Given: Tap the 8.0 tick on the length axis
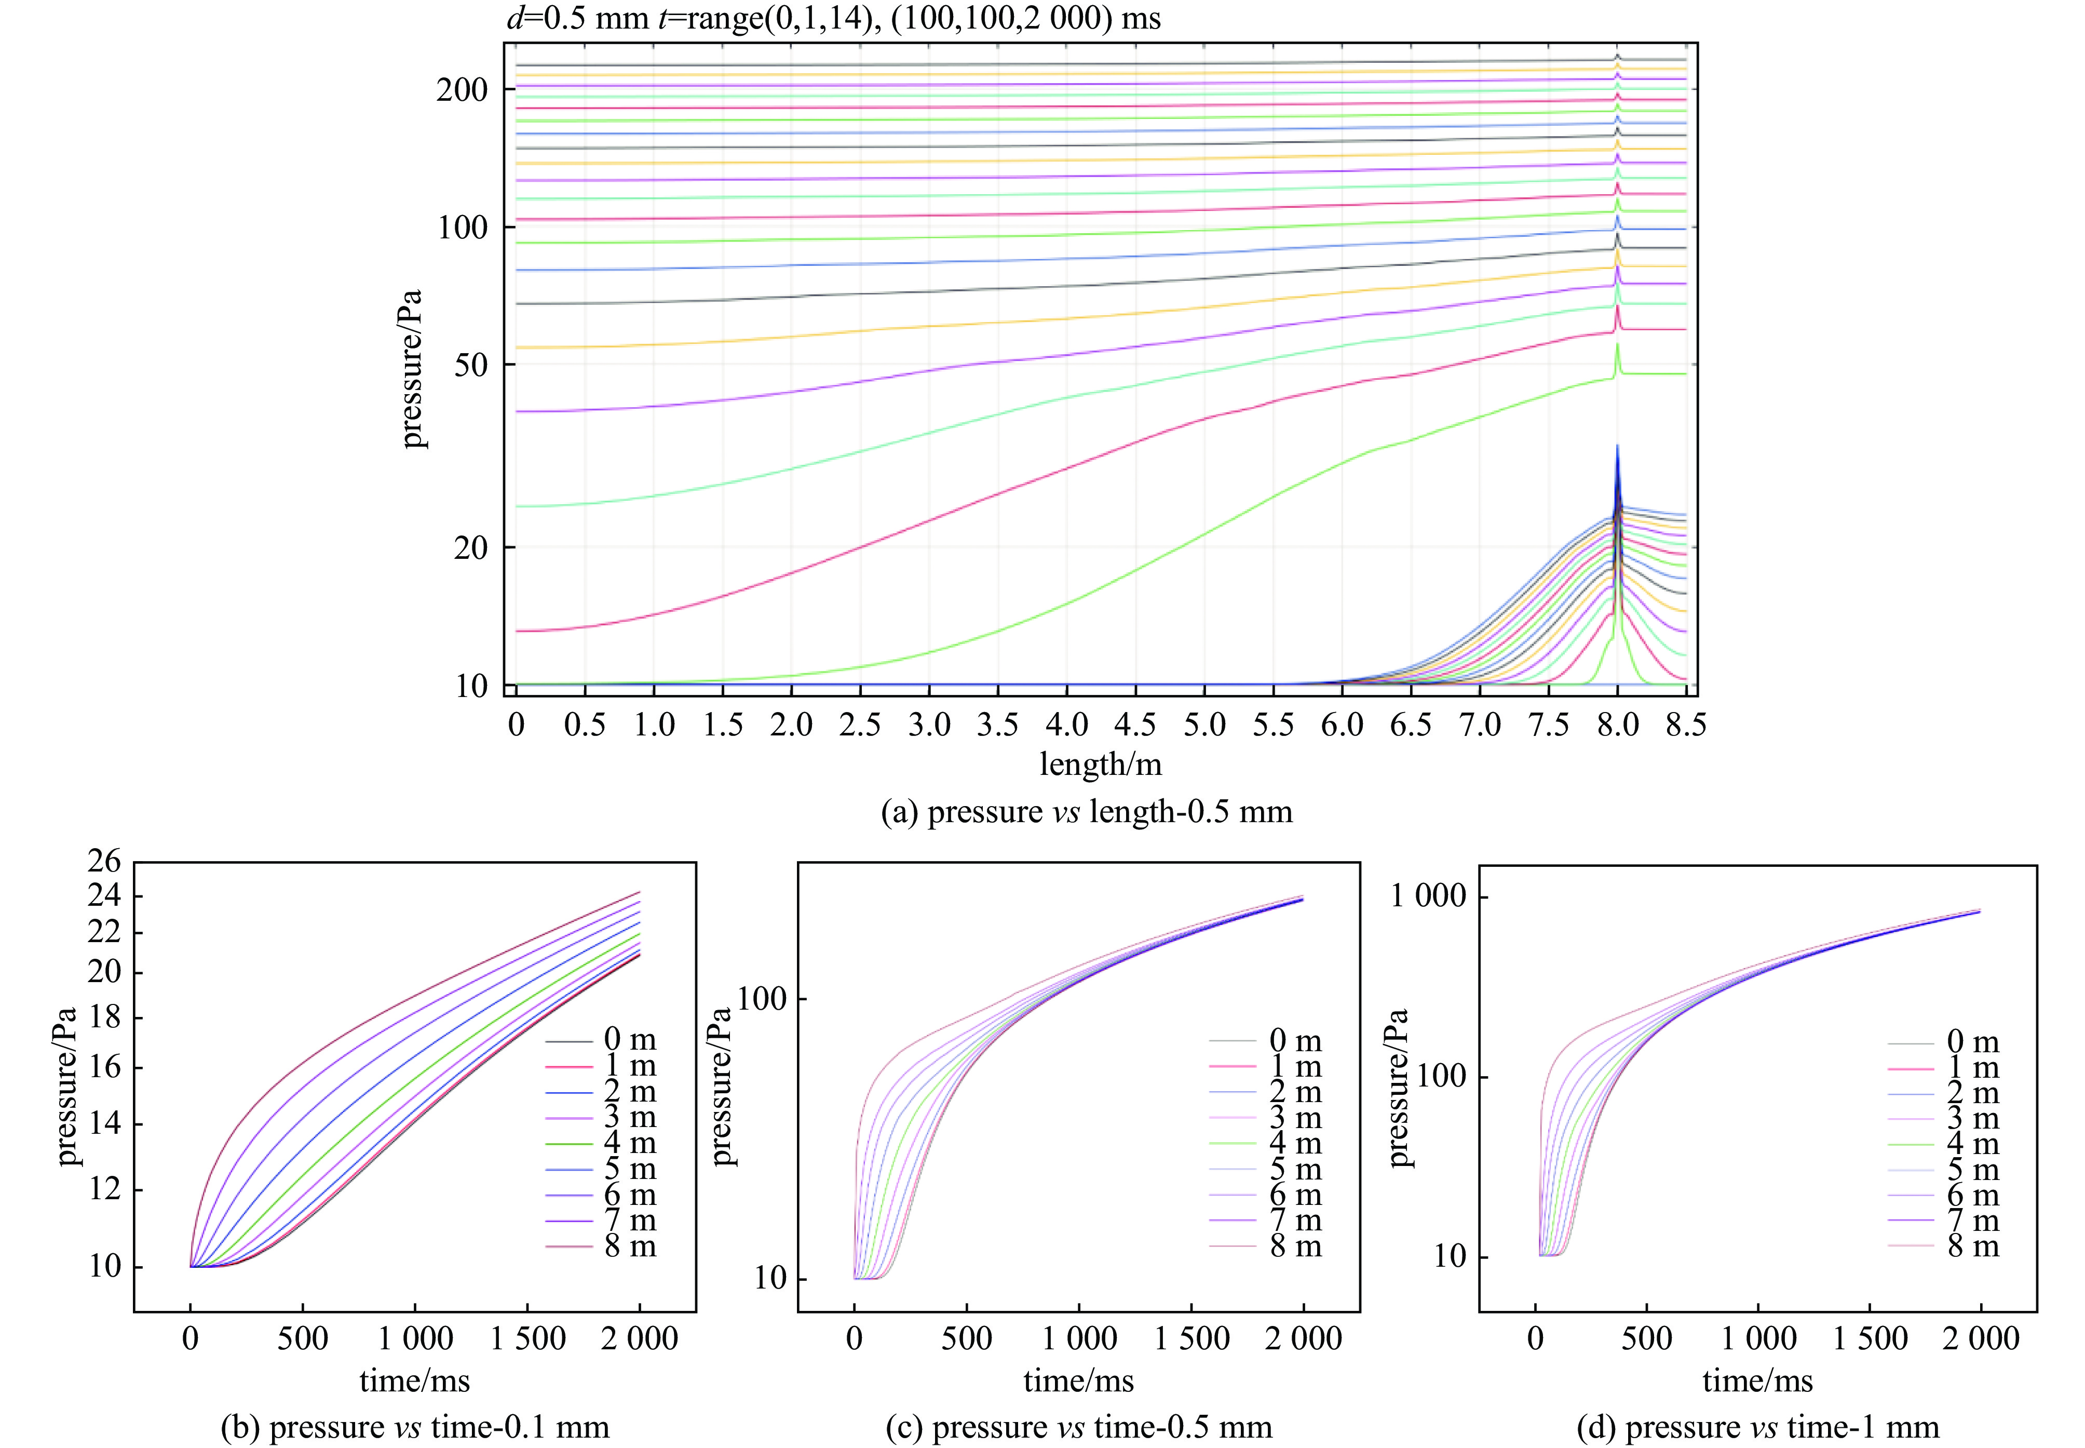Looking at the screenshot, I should [1617, 725].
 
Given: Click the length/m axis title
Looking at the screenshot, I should [1100, 764].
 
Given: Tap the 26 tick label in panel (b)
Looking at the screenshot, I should [104, 861].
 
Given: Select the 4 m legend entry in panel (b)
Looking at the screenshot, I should [629, 1143].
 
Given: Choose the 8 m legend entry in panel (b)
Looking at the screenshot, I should [629, 1246].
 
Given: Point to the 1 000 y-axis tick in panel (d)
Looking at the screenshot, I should [1428, 896].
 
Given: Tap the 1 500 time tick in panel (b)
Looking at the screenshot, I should [528, 1338].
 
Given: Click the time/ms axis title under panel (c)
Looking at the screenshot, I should [1078, 1381].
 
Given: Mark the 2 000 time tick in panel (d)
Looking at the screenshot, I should [1981, 1338].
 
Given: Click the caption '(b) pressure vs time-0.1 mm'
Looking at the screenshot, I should [414, 1427].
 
